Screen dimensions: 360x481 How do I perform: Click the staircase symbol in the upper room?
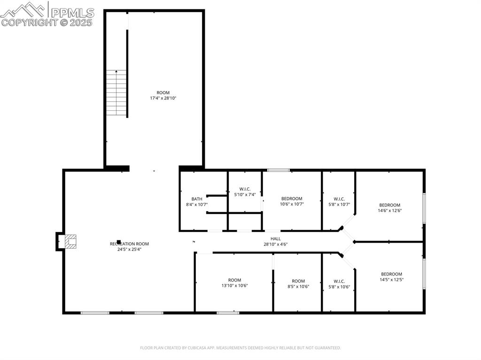tap(116, 93)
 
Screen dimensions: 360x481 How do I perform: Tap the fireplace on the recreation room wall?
tap(70, 241)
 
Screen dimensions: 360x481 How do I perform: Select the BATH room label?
tap(197, 199)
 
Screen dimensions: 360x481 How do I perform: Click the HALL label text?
tap(275, 238)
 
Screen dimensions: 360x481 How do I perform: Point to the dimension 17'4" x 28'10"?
tap(163, 98)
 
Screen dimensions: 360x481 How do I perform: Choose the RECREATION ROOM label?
tap(129, 244)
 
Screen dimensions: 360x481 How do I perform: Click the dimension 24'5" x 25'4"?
tap(129, 249)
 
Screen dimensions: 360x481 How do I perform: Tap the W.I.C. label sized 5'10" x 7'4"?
tap(245, 189)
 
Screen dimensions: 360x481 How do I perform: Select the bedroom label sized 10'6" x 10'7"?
tap(292, 199)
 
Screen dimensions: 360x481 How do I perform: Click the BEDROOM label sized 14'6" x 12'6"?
tap(389, 205)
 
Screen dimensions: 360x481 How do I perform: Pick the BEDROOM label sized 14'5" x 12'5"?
tap(391, 274)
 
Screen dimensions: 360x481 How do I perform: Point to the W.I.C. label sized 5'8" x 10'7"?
tap(339, 199)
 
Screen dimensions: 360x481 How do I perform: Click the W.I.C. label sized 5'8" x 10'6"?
tap(339, 281)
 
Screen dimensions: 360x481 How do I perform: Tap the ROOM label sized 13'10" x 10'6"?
tap(234, 280)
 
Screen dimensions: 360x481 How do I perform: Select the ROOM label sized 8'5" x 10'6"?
tap(298, 281)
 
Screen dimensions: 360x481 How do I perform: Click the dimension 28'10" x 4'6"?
tap(275, 244)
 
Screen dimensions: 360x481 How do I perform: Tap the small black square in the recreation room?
tap(119, 242)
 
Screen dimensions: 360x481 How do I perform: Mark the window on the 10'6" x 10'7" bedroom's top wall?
tap(278, 170)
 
